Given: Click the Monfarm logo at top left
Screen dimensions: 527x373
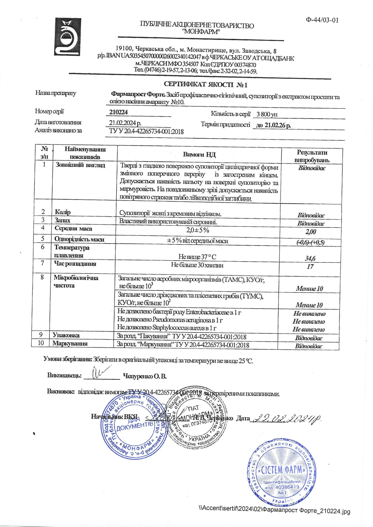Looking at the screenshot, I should pos(68,37).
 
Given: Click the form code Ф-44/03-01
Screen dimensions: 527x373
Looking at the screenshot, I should pos(322,20).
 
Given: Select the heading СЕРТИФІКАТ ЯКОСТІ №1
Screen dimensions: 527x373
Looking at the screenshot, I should pos(205,85).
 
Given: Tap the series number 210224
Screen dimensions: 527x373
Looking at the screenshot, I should pos(119,112).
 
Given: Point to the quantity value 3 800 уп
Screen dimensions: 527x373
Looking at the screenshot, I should pos(267,114).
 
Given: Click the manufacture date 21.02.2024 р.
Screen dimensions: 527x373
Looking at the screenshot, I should pos(125,123).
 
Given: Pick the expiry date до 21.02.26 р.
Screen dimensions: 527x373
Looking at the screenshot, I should pos(273,125).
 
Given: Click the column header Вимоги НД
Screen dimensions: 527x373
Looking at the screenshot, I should pos(199,154).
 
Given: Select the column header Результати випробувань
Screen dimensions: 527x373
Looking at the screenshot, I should pos(312,156).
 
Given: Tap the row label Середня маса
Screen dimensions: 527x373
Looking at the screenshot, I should pos(73,228).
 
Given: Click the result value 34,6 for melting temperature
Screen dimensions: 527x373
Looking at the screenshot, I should pos(310,258).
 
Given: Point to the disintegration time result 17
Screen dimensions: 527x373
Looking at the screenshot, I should pos(310,266).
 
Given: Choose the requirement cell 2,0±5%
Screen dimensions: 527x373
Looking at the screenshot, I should pos(198,230).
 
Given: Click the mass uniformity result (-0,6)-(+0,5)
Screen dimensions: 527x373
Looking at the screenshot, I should pos(310,242).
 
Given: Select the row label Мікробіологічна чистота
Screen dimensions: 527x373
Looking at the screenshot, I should pos(76,282).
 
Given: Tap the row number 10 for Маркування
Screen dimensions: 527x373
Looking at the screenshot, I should pos(41,343).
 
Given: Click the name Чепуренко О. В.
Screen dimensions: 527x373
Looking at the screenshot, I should pos(145,376).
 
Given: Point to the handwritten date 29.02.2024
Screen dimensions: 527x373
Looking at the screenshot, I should pos(287,418).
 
